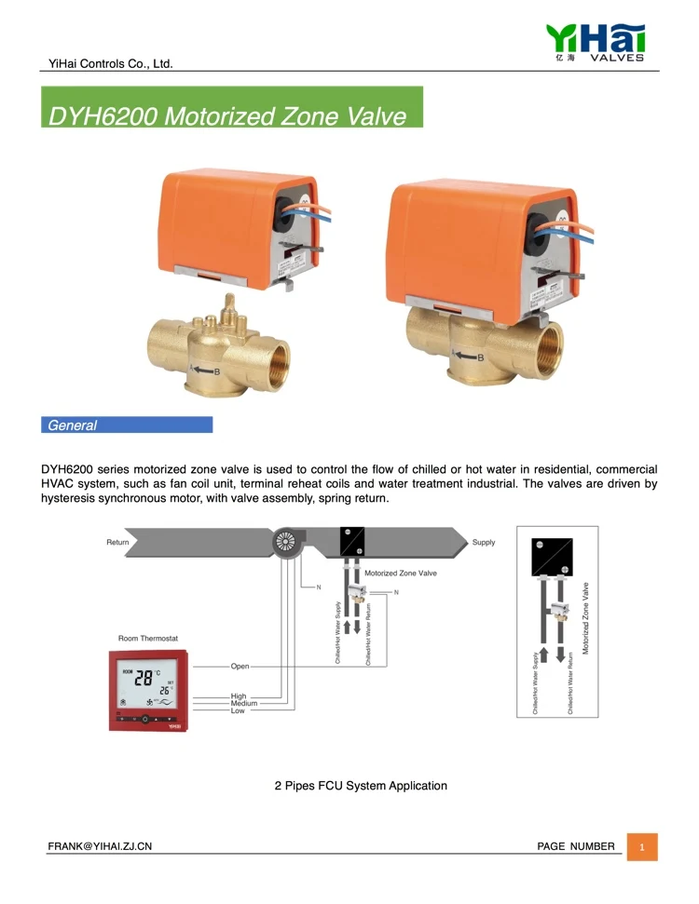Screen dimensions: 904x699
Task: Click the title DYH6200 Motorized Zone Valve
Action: pos(229,116)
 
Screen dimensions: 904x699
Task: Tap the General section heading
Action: pos(73,425)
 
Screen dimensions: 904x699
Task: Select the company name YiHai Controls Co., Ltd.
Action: pos(111,64)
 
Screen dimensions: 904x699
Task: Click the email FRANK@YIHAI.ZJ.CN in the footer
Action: pos(101,845)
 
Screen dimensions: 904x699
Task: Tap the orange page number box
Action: pos(642,847)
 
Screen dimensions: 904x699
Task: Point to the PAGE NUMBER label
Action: pos(576,845)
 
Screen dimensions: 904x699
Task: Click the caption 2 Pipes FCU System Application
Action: pos(361,786)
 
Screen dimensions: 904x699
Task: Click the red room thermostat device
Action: pos(149,692)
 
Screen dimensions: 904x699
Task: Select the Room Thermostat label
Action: pos(148,639)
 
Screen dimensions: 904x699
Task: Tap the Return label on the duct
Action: pos(117,542)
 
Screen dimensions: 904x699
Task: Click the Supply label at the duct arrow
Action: pos(484,542)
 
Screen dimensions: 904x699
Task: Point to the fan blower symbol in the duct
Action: pos(286,543)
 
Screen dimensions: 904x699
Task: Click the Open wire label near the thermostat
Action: pos(240,667)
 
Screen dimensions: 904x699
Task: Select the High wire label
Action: pos(239,696)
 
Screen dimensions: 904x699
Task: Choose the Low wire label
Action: pos(238,710)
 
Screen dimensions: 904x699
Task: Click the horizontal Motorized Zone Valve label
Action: pos(400,573)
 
